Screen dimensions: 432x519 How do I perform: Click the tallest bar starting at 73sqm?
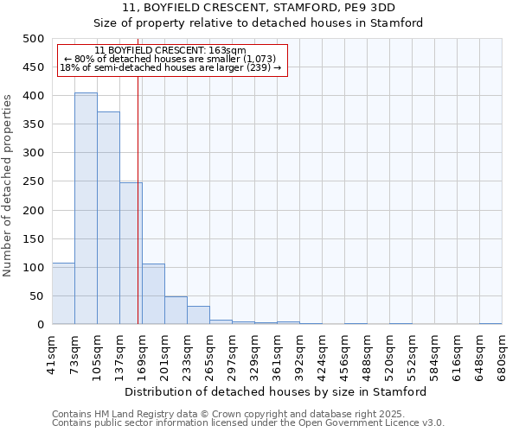(86, 208)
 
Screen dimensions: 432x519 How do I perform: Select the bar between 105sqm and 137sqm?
(108, 218)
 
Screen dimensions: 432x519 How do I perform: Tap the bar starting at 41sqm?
(63, 294)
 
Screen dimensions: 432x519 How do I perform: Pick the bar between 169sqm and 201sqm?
(153, 294)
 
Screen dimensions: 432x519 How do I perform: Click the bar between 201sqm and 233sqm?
(176, 310)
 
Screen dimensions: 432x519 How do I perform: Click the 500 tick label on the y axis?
(34, 39)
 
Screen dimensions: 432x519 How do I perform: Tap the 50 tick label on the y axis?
(37, 296)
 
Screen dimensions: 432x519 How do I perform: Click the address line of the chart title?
(259, 8)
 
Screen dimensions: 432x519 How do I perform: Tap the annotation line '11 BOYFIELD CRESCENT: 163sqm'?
(170, 51)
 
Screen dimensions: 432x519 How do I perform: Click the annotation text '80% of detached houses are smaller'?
(170, 59)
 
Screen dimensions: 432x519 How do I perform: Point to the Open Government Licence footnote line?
(248, 422)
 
